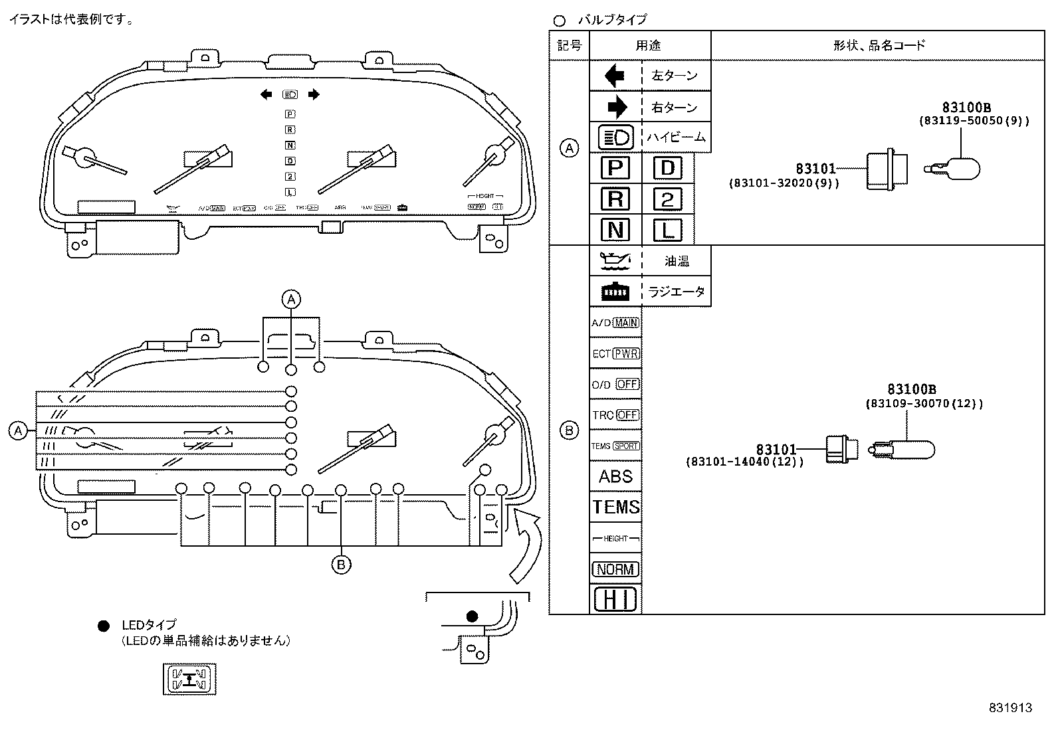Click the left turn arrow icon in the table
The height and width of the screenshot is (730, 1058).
[x=614, y=76]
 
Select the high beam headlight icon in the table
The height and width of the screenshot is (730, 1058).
[x=615, y=137]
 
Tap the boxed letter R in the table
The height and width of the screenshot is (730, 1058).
[x=615, y=199]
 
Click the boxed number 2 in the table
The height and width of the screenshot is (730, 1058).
[x=667, y=199]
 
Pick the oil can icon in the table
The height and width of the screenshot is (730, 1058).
[x=615, y=260]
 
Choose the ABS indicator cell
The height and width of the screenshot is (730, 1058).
[x=615, y=476]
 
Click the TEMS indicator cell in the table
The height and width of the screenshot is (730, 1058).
[x=615, y=507]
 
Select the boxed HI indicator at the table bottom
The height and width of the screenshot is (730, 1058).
[x=615, y=599]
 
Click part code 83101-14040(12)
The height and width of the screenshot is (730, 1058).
[x=744, y=462]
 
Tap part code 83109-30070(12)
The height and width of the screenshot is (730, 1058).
[x=924, y=403]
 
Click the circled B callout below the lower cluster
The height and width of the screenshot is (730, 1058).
[x=341, y=565]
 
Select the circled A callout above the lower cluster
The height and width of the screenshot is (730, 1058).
[x=290, y=300]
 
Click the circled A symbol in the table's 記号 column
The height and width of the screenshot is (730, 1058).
[x=569, y=148]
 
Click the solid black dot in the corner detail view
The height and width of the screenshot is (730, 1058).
[x=472, y=616]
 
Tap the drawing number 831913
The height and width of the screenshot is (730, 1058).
[x=1010, y=708]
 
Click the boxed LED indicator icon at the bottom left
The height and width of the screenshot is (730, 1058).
[x=190, y=679]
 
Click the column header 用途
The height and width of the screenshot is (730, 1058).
[x=649, y=45]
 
